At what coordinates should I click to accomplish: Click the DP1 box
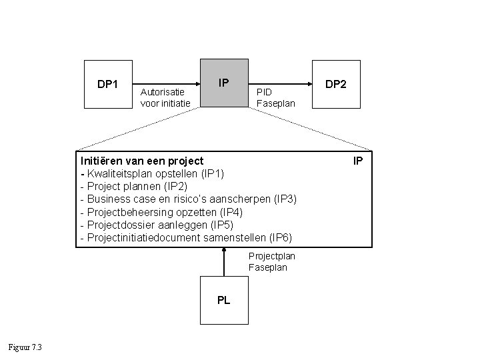tap(108, 84)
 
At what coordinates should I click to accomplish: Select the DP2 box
tap(336, 84)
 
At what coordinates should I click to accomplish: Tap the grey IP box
tap(224, 83)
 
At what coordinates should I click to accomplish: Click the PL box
tap(224, 300)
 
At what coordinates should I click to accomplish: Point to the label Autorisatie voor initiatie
tap(166, 97)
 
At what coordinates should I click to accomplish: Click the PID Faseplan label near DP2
tap(272, 97)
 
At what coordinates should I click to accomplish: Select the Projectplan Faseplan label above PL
tap(271, 261)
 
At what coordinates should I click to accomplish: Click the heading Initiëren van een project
tap(142, 161)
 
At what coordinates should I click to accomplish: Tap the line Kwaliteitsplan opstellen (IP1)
tap(155, 173)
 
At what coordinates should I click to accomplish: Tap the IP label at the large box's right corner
tap(357, 161)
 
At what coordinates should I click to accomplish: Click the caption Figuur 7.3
tap(25, 347)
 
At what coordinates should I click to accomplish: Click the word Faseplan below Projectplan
tap(268, 267)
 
